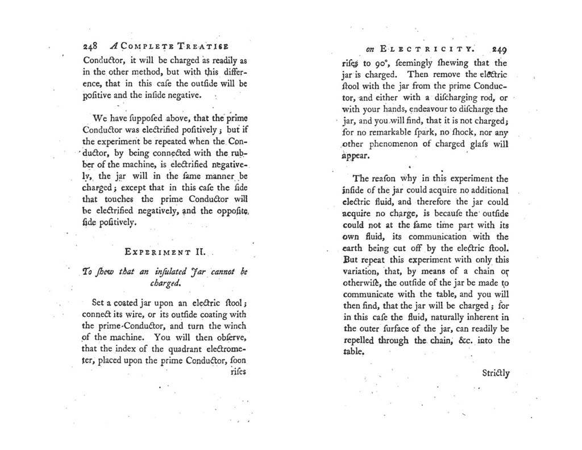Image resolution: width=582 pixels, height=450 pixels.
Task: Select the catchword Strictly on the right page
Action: point(496,374)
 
